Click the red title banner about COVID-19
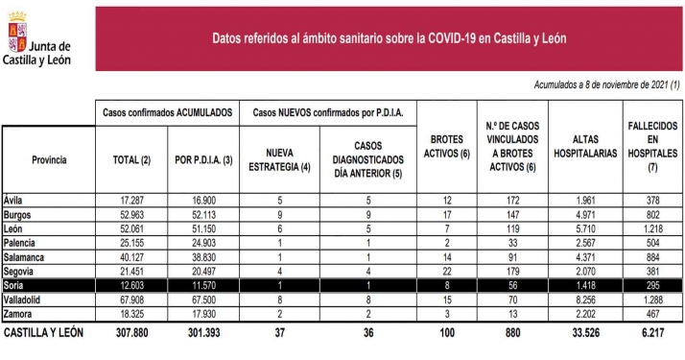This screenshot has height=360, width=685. coord(389,38)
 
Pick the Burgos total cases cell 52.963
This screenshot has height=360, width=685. coord(132,214)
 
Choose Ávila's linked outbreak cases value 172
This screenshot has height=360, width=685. coord(516,199)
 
